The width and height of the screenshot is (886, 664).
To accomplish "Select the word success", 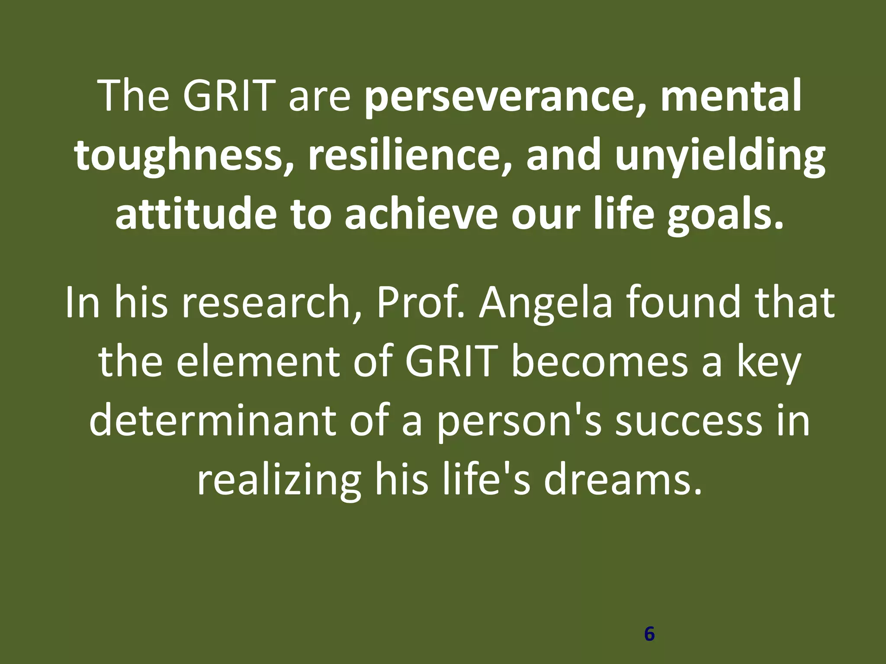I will click(688, 421).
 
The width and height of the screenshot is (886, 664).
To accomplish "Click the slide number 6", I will click(649, 634).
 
